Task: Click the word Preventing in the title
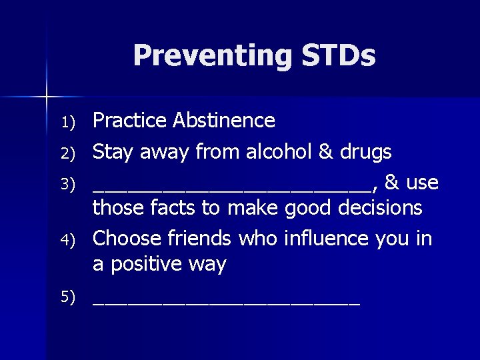tap(211, 56)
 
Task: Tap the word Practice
tap(129, 121)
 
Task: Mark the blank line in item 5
tap(226, 304)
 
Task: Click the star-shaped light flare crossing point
tap(47, 97)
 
